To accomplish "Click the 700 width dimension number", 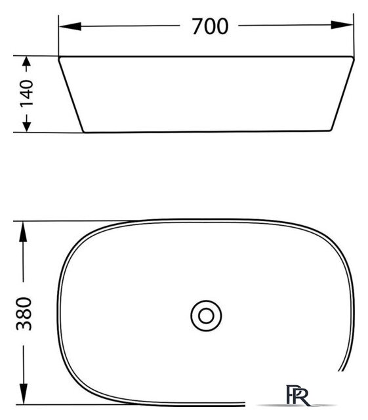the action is [x=211, y=26].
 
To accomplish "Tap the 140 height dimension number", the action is [x=27, y=93].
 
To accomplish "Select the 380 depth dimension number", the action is [x=24, y=314].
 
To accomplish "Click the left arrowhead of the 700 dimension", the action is [x=70, y=26].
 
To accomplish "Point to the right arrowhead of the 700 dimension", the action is [x=342, y=25].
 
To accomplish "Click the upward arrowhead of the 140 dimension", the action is [x=26, y=62].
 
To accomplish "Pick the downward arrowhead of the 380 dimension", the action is [x=24, y=394].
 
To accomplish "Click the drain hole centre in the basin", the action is [x=206, y=316].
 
